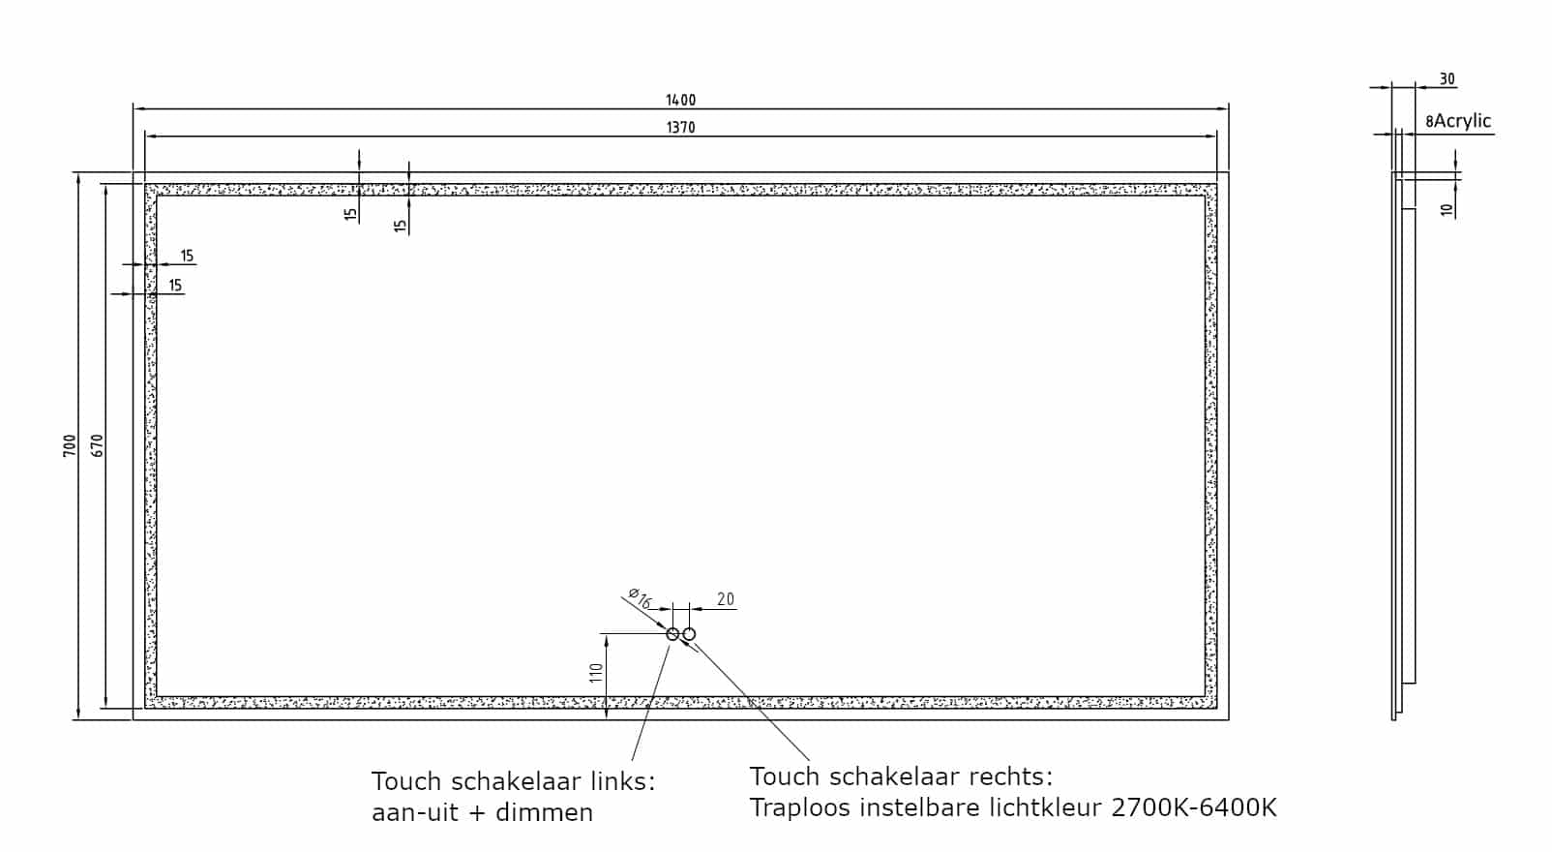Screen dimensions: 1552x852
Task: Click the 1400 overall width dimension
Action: click(x=680, y=100)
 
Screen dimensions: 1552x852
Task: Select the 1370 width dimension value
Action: click(x=680, y=128)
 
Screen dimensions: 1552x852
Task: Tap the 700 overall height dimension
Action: click(x=70, y=445)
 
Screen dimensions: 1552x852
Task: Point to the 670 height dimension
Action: click(x=97, y=445)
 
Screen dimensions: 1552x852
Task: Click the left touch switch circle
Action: click(x=672, y=633)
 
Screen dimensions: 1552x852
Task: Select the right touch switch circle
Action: click(x=689, y=633)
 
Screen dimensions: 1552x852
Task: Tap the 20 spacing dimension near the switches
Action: click(x=726, y=599)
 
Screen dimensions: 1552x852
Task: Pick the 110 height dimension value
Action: click(x=597, y=673)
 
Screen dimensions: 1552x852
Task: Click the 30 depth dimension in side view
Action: click(x=1447, y=79)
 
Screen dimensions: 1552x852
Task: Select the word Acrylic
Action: click(x=1462, y=121)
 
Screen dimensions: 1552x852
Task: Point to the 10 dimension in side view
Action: click(x=1447, y=209)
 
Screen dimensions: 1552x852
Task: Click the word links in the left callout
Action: click(x=622, y=781)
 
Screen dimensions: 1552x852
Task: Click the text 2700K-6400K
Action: click(x=1194, y=807)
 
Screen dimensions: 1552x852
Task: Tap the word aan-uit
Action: click(x=415, y=812)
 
